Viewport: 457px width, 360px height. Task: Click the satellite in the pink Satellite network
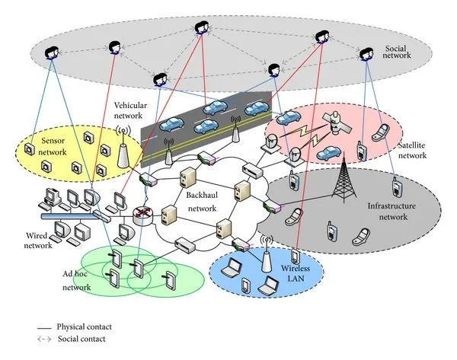[334, 122]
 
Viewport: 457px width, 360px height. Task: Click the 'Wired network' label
[27, 241]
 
